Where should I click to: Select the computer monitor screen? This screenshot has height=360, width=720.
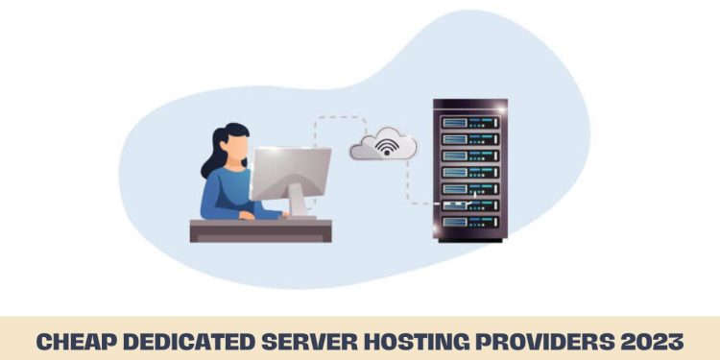pos(291,173)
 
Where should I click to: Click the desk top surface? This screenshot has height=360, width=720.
pos(260,225)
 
